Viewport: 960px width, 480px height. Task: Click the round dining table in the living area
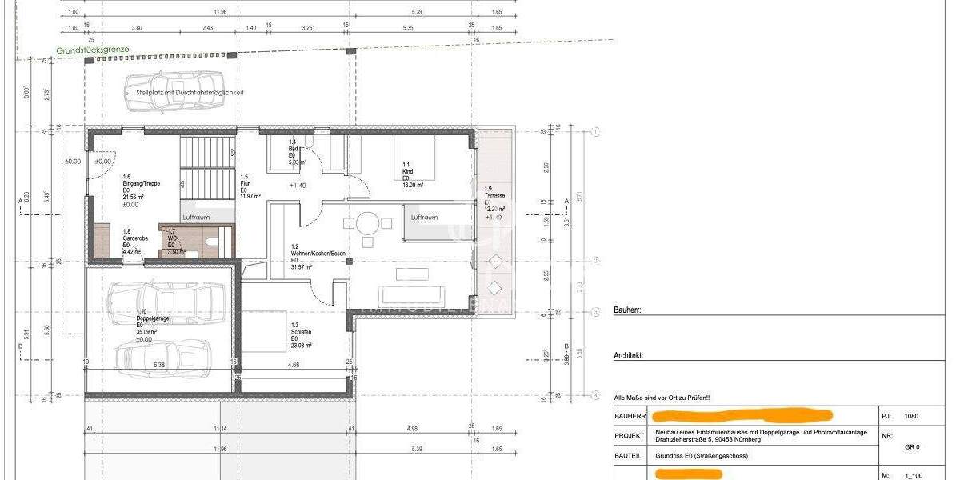(367, 222)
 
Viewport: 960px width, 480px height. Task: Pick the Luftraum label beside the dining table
(425, 218)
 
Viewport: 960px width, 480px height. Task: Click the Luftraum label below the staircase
(197, 217)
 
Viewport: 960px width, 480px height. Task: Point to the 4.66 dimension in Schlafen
(294, 365)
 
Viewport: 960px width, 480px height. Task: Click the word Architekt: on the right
(629, 356)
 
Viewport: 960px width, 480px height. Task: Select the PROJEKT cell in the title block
(629, 435)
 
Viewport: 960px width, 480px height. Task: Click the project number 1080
(911, 416)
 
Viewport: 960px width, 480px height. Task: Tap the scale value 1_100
(912, 474)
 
